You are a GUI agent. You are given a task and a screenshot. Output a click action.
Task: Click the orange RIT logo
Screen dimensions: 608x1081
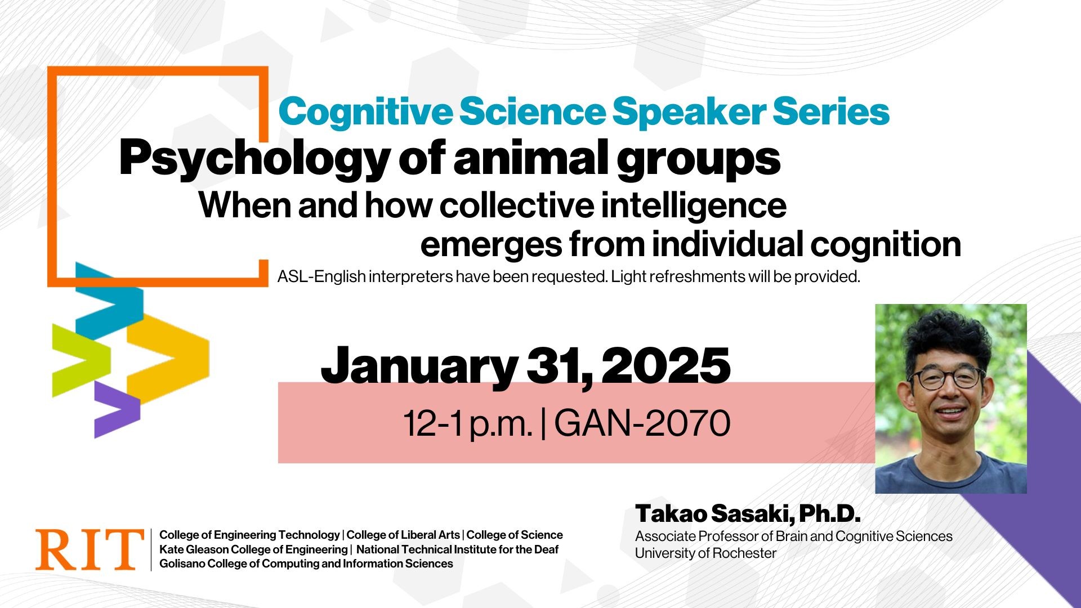(x=90, y=549)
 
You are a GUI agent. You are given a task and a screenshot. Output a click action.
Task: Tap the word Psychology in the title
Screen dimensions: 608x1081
(x=254, y=159)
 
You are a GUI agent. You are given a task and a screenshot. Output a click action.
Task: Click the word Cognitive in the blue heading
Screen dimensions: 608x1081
(x=365, y=111)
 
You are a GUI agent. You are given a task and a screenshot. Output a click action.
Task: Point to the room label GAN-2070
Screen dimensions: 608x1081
(x=642, y=423)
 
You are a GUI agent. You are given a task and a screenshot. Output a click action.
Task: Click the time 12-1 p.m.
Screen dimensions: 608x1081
(x=467, y=423)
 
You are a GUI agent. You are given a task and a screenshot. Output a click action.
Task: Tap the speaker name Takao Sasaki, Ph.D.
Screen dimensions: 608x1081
(x=748, y=513)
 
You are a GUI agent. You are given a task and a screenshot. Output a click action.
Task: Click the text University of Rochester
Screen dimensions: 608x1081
(x=705, y=553)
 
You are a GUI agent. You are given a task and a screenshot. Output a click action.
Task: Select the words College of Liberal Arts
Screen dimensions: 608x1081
(x=403, y=535)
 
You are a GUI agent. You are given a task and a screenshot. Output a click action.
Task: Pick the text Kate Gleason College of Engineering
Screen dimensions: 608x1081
(x=253, y=549)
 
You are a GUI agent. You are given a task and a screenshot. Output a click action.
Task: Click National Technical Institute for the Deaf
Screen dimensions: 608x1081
(x=457, y=549)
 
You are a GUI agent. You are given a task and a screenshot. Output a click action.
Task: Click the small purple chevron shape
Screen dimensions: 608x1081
(x=115, y=408)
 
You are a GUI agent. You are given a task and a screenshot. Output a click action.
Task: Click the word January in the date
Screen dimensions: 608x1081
(x=419, y=366)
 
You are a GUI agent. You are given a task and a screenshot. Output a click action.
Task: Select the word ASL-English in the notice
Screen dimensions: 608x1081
(x=321, y=277)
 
